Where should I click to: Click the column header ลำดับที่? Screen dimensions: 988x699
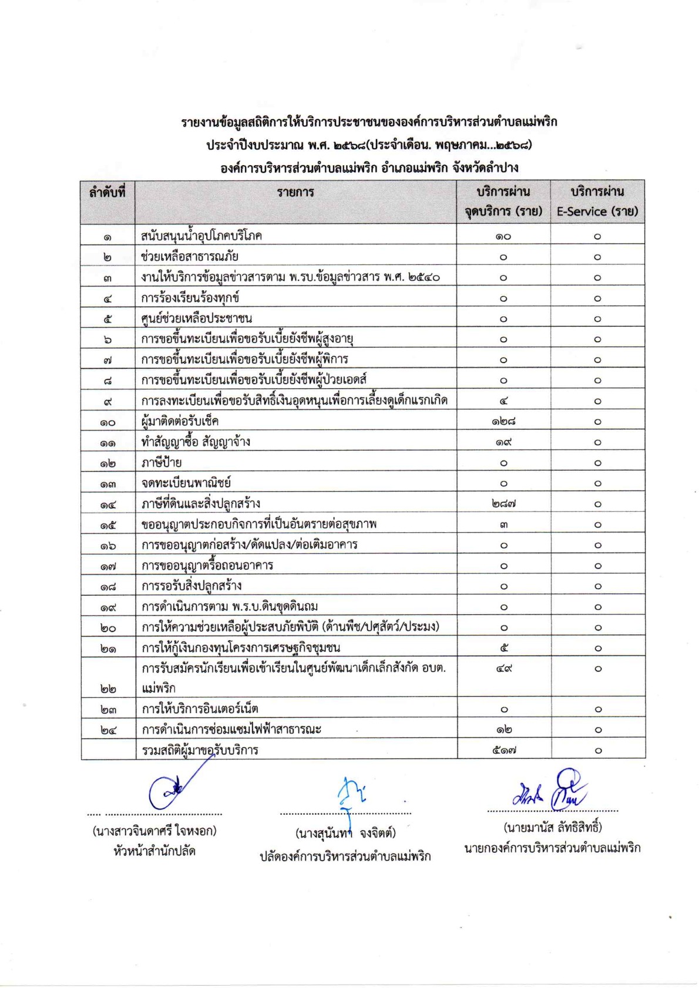coord(107,192)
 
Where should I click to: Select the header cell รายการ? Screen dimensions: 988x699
coord(295,192)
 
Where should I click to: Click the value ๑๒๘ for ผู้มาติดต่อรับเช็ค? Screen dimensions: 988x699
coord(503,421)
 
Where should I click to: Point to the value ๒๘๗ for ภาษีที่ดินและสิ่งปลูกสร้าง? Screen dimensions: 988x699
coord(503,503)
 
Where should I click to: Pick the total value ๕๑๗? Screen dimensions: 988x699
coord(503,750)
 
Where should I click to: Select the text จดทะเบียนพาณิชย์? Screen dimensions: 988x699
coord(186,483)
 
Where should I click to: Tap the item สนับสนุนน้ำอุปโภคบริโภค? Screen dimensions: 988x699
coord(201,236)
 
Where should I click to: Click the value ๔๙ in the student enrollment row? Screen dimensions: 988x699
coord(503,668)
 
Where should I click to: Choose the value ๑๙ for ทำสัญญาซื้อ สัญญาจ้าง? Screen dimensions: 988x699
coord(503,442)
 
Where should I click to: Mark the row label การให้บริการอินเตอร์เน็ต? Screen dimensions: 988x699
coord(200,709)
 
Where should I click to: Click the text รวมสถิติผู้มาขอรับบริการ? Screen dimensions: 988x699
coord(200,750)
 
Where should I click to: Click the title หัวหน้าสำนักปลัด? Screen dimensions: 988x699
coord(154,851)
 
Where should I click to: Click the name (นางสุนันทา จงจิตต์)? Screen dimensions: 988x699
coord(345,834)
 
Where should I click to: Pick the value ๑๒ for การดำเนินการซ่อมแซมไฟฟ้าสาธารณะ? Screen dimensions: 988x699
coord(503,730)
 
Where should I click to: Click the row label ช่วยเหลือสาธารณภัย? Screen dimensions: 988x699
coord(190,257)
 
